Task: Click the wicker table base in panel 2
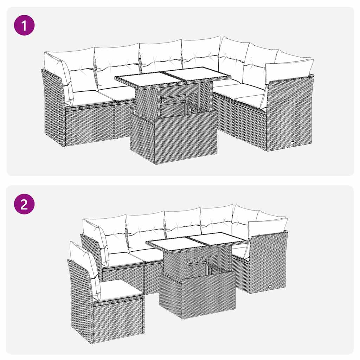point(197,295)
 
